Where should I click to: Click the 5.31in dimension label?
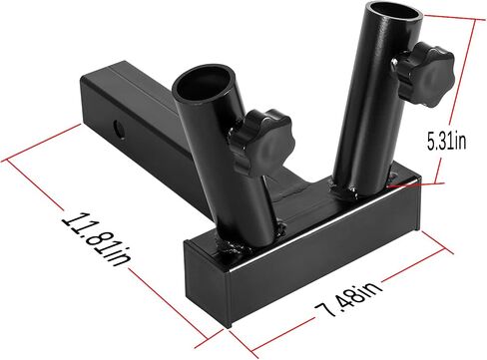click(x=446, y=142)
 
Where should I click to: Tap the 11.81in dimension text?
click(x=97, y=240)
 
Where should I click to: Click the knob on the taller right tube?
click(x=425, y=73)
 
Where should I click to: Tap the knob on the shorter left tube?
click(x=260, y=143)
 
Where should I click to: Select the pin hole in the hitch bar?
click(x=119, y=129)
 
